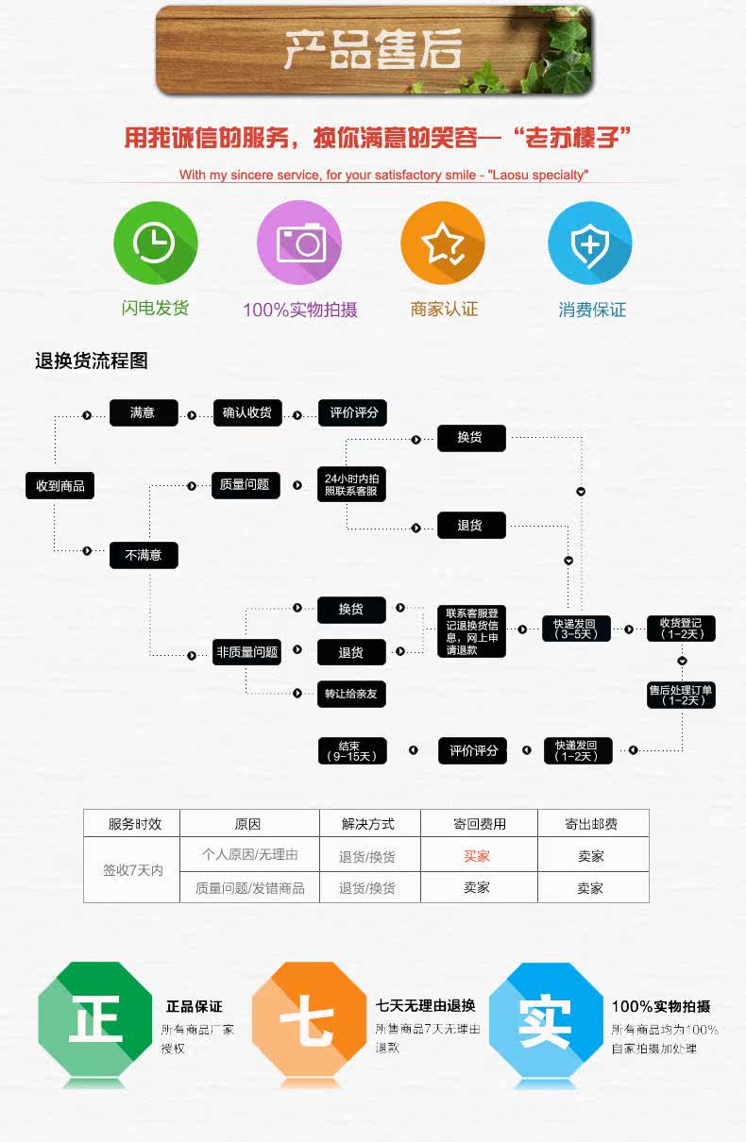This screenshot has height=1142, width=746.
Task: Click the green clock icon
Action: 155,244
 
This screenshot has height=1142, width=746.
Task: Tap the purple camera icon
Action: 299,244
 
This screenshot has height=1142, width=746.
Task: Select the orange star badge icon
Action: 443,244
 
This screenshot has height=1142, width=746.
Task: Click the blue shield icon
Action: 590,244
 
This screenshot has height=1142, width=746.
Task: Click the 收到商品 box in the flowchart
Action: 60,486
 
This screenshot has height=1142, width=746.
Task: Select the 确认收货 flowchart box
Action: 246,412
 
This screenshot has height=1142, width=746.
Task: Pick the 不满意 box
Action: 144,555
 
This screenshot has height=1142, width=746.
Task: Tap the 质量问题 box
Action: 245,484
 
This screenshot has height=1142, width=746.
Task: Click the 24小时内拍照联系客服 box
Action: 351,484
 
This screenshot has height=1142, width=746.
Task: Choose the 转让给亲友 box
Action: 351,694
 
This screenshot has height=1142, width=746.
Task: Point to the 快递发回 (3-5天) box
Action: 576,629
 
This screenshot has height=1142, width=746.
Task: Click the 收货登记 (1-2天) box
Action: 681,629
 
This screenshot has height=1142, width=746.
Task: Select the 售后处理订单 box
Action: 681,695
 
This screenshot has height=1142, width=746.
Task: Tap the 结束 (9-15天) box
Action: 351,750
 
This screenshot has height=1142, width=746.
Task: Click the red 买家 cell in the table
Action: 477,856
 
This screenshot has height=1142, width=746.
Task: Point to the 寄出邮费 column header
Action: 591,824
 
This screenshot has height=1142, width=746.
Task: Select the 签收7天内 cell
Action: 132,870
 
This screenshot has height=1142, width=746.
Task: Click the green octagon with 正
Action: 94,1019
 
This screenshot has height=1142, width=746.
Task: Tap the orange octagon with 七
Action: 308,1019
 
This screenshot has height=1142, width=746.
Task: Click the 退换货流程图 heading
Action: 92,361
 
